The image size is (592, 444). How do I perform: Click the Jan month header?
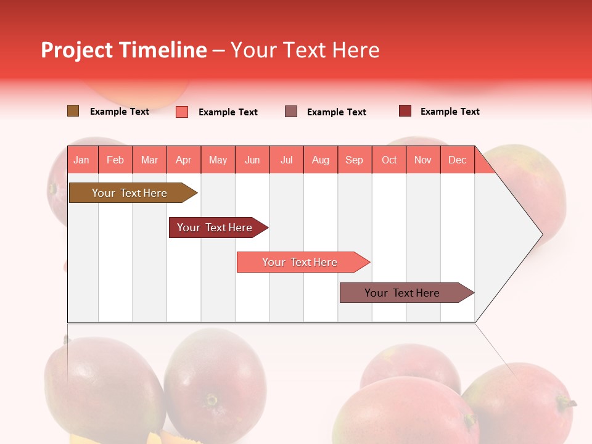pyautogui.click(x=81, y=160)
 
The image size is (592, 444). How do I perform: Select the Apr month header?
pyautogui.click(x=184, y=160)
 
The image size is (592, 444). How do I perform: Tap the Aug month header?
pyautogui.click(x=321, y=160)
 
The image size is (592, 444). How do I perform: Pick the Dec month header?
pyautogui.click(x=458, y=160)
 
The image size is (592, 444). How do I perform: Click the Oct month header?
pyautogui.click(x=389, y=160)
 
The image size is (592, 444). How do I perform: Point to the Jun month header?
pyautogui.click(x=252, y=160)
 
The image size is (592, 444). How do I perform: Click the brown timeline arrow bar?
pyautogui.click(x=129, y=193)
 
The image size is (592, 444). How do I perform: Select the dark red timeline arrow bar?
pyautogui.click(x=215, y=228)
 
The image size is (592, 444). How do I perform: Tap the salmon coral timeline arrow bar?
pyautogui.click(x=300, y=262)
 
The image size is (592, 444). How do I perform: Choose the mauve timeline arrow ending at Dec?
pyautogui.click(x=402, y=293)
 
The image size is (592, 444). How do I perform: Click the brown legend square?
pyautogui.click(x=73, y=111)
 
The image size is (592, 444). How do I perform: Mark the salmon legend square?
pyautogui.click(x=182, y=112)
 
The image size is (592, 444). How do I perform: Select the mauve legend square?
pyautogui.click(x=291, y=112)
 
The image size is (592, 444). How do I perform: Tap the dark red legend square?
pyautogui.click(x=405, y=111)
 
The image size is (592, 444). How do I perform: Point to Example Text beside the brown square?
pyautogui.click(x=120, y=112)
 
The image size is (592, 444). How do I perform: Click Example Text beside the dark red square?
pyautogui.click(x=450, y=112)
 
